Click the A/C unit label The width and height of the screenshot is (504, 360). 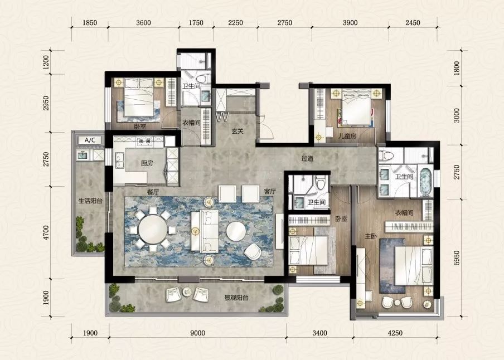click(x=90, y=140)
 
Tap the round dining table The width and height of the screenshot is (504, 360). click(x=153, y=230)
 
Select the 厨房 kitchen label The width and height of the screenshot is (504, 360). click(x=147, y=163)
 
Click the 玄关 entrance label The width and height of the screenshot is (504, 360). click(x=238, y=131)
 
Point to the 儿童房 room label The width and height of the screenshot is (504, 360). click(x=347, y=136)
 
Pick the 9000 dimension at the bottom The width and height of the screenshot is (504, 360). click(x=197, y=333)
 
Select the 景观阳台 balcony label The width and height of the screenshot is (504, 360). click(x=236, y=298)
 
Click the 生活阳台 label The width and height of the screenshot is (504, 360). click(x=90, y=201)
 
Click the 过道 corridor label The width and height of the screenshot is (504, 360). click(x=307, y=158)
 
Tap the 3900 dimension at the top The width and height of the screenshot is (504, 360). click(x=350, y=22)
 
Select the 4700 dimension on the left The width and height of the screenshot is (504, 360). click(x=46, y=233)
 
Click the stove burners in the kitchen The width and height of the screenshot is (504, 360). click(x=144, y=141)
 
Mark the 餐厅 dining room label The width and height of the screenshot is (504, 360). click(x=153, y=192)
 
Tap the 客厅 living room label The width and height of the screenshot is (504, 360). click(x=270, y=192)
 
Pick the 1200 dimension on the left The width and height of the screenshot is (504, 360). click(x=46, y=62)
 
